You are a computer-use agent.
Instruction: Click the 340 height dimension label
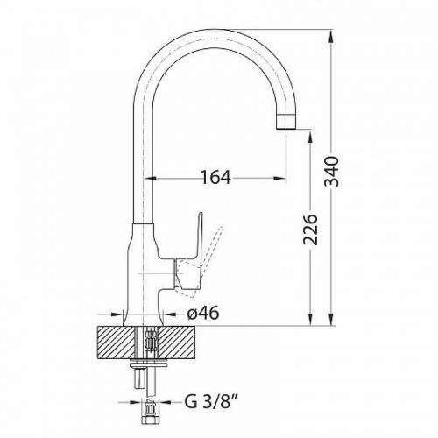point(332,172)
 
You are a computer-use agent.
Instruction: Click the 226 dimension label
point(310,230)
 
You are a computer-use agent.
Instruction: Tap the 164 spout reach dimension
point(215,177)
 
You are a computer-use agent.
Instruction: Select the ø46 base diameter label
point(202,314)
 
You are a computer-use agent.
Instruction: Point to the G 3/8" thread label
point(210,402)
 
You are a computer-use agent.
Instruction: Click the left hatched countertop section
point(117,343)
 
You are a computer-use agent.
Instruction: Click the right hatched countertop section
point(176,343)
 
